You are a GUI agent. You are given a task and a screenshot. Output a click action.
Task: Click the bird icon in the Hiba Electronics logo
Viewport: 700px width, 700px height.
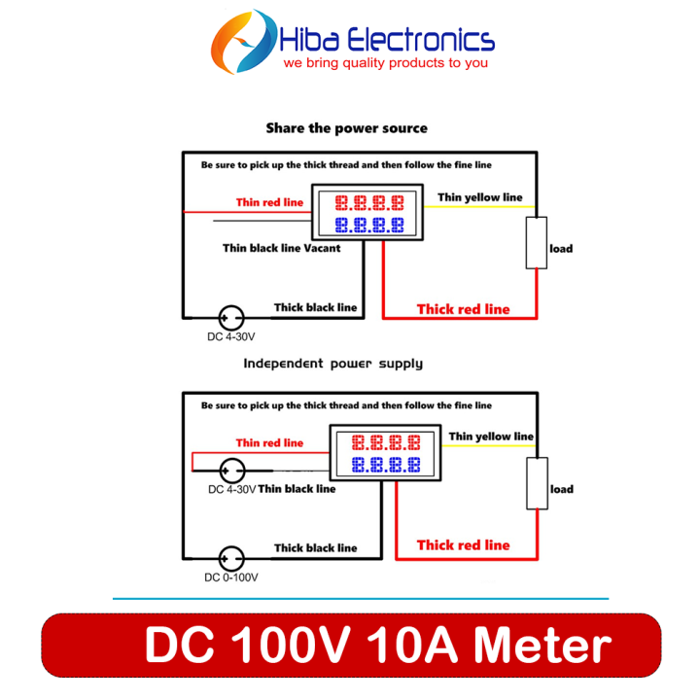[x=244, y=43]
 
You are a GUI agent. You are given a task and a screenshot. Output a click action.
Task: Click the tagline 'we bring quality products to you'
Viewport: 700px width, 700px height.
[x=385, y=63]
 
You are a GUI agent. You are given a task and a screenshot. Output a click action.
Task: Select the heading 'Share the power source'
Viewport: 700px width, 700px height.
[x=346, y=128]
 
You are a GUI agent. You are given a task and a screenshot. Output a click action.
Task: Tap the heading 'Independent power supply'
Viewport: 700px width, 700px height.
[x=332, y=364]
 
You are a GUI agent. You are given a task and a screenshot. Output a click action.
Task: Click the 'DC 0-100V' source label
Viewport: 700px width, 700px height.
[x=230, y=577]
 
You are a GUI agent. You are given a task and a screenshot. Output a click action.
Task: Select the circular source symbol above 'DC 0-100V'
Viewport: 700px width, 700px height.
[x=231, y=558]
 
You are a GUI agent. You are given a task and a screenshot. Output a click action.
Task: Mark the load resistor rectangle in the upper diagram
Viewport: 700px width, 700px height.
[x=535, y=244]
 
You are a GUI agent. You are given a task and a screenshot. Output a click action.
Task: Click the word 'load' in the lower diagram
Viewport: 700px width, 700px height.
[x=561, y=489]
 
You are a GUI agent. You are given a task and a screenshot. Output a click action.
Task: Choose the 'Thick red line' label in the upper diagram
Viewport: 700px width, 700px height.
[x=463, y=309]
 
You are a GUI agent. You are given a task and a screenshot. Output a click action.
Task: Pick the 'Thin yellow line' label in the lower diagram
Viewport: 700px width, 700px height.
[x=490, y=437]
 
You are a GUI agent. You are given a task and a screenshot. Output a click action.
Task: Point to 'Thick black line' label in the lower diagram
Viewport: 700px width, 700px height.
[x=315, y=548]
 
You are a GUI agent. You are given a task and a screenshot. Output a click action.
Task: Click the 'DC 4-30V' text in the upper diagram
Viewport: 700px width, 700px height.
[x=230, y=337]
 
